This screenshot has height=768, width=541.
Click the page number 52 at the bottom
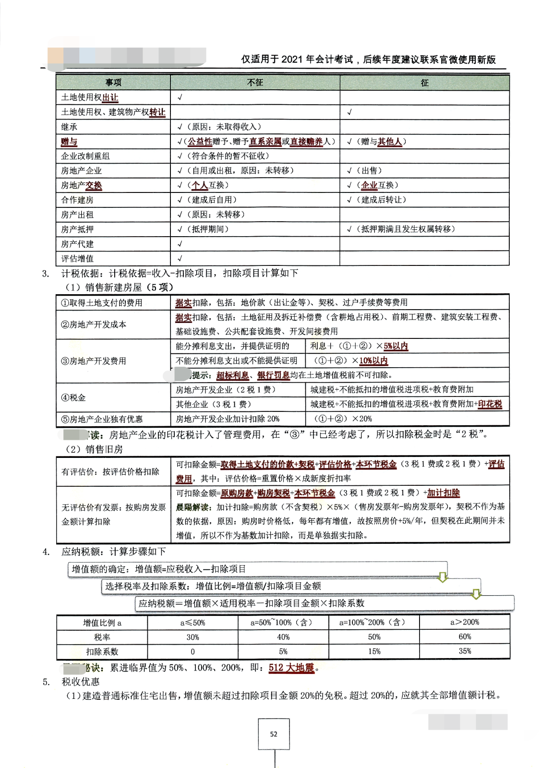tap(274, 734)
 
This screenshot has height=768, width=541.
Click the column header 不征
tap(255, 83)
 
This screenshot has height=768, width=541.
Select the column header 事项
tap(113, 83)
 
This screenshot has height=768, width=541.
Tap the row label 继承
tap(69, 127)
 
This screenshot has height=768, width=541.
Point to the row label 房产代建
tap(77, 244)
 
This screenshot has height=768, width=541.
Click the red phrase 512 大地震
tap(291, 667)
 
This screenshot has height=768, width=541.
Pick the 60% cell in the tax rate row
tap(465, 636)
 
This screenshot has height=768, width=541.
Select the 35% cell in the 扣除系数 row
tap(465, 651)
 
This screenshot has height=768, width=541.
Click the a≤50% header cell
tap(192, 623)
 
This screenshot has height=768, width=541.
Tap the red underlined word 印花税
tap(490, 404)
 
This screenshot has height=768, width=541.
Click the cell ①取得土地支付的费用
tap(101, 302)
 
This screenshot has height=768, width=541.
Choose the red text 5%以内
tap(396, 346)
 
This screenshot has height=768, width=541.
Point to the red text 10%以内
tap(373, 360)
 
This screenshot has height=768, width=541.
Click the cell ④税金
tap(73, 397)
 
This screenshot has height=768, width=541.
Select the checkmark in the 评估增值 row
tap(180, 259)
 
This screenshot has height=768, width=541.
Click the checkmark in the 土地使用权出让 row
tap(180, 97)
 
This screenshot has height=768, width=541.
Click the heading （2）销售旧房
tap(94, 449)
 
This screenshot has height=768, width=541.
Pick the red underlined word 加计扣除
tap(444, 493)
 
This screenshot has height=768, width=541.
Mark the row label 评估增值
tap(77, 259)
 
